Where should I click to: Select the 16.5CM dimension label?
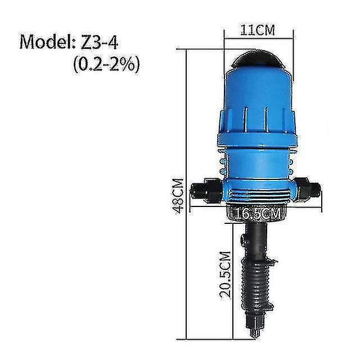(x=258, y=214)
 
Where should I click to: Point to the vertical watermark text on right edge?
(x=354, y=180)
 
